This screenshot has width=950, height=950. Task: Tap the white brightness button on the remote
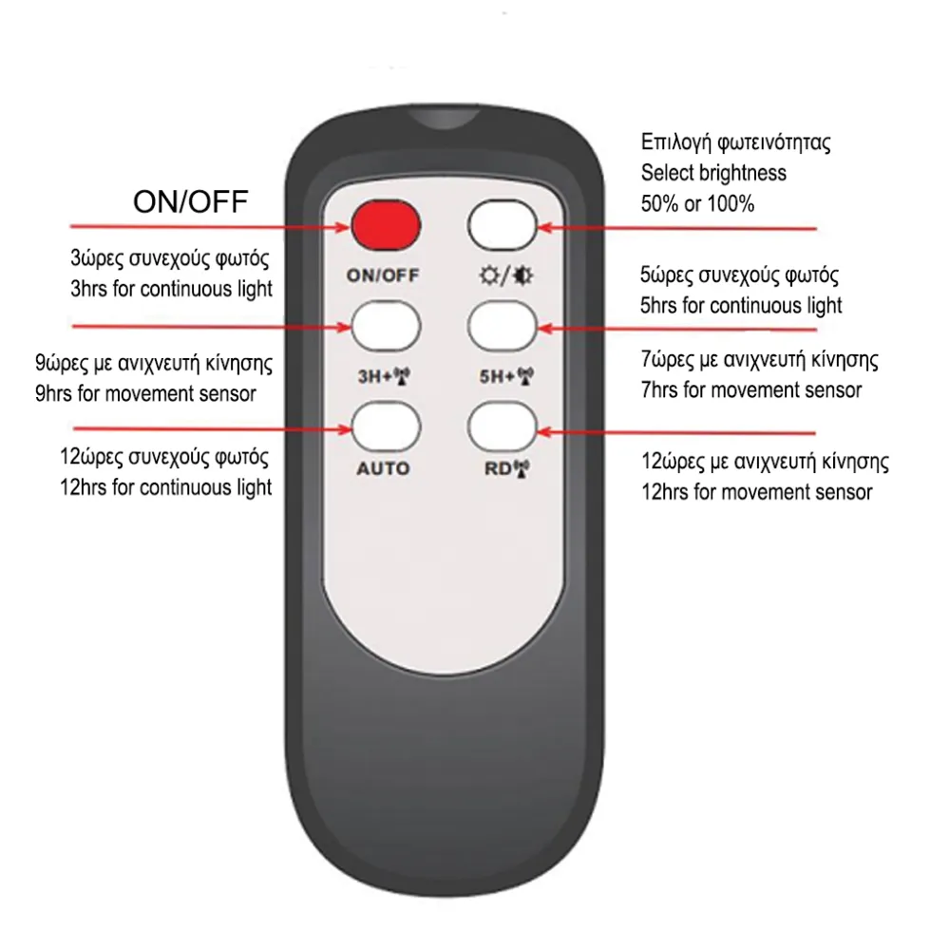[503, 225]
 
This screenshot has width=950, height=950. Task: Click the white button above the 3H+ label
[386, 326]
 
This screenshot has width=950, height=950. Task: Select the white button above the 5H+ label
[503, 327]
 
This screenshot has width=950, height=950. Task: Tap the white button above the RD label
[503, 427]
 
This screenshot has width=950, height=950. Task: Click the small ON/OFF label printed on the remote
[383, 275]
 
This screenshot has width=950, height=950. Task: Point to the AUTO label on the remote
[383, 468]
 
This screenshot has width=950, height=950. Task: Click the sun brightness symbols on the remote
[506, 276]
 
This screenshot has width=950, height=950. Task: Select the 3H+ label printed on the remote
[384, 377]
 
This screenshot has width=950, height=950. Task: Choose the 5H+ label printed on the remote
[506, 377]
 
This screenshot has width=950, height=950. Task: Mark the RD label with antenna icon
[506, 468]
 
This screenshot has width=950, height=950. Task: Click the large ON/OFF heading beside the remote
[191, 201]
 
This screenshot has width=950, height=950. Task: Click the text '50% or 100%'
[697, 203]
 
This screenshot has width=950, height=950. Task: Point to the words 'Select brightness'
[713, 173]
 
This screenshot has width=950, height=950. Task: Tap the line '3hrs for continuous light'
[171, 289]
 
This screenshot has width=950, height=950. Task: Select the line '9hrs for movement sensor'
[145, 394]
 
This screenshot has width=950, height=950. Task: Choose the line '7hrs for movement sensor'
[751, 390]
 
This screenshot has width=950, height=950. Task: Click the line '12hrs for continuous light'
[166, 487]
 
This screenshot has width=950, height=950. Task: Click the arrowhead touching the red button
[343, 227]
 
